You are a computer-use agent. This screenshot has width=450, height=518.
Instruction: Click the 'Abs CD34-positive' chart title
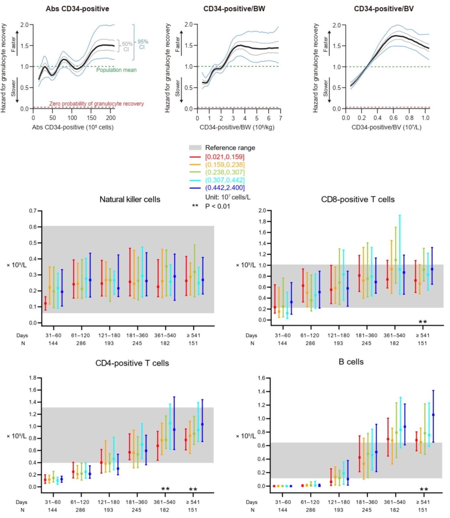click(x=77, y=9)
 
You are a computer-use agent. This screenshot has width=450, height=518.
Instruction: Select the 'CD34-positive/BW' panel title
click(x=234, y=9)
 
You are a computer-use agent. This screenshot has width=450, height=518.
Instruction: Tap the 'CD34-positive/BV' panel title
click(x=384, y=9)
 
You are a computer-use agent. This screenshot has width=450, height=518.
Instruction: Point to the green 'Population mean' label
click(x=116, y=70)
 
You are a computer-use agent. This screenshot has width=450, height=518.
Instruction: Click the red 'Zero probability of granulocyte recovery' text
click(x=96, y=104)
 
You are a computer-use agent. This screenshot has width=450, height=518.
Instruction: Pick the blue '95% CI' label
click(x=142, y=44)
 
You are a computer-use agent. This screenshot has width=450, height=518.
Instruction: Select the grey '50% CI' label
click(x=127, y=47)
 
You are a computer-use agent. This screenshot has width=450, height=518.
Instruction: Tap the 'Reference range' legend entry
click(x=230, y=148)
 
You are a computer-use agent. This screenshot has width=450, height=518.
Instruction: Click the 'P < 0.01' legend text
click(x=217, y=206)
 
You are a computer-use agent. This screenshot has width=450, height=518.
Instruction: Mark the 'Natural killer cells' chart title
click(x=130, y=199)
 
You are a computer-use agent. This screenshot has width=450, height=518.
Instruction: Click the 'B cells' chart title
click(x=351, y=362)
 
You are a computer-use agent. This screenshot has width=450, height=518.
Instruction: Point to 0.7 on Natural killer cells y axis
click(x=33, y=211)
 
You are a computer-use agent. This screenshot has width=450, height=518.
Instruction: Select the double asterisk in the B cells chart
click(x=424, y=490)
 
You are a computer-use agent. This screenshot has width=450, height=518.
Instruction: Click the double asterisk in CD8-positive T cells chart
click(x=423, y=322)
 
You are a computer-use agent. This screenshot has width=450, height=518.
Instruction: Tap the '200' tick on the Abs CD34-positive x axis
click(x=111, y=118)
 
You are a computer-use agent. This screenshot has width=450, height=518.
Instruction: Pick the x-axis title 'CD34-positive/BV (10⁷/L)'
click(x=386, y=127)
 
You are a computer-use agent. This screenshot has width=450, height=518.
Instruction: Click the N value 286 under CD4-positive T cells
click(x=80, y=510)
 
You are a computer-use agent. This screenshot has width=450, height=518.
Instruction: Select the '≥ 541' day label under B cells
click(x=422, y=502)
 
